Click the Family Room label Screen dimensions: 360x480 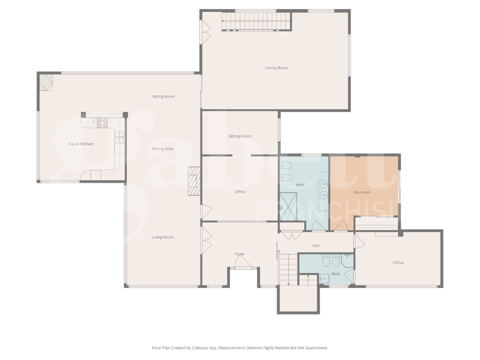276,68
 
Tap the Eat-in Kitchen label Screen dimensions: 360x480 81,144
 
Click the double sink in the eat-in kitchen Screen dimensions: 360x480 119,136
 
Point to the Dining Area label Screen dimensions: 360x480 162,149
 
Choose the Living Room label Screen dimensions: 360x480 162,237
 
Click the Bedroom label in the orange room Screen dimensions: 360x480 362,192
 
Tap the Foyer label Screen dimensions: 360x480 239,254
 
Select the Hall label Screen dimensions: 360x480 316,246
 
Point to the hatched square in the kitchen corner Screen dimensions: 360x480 47,83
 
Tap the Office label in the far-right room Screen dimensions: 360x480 398,262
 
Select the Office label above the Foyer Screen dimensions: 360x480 240,192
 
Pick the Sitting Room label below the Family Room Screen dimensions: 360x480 240,136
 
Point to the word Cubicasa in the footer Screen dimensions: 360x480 202,347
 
